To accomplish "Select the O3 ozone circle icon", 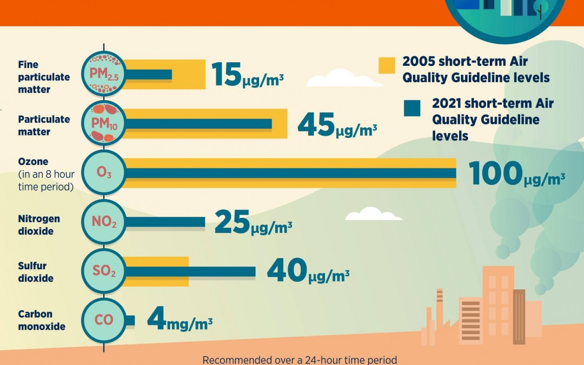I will [104, 173].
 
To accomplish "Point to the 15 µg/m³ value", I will [247, 75].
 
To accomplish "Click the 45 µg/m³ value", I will [337, 125].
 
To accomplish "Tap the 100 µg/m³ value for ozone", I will [516, 174].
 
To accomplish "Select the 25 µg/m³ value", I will [253, 223].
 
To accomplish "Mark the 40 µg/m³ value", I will [308, 272].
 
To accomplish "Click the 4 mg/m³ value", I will [180, 320].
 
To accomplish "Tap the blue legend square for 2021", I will [412, 108].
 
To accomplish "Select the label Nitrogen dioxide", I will [39, 225].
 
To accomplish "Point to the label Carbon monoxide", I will [42, 320].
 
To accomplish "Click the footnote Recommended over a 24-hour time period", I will [300, 360].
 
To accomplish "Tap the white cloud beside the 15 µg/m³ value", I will [330, 80].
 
